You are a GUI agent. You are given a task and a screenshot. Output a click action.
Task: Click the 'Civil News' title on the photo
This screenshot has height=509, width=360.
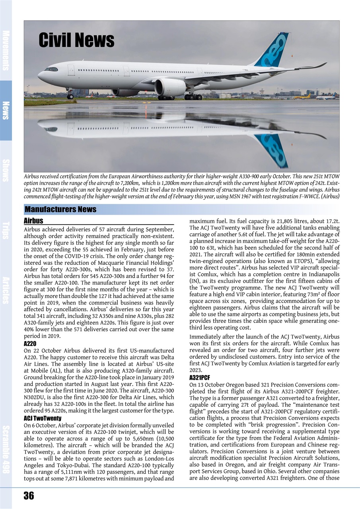click(x=76, y=41)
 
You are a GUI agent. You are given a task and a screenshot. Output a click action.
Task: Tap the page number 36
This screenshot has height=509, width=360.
click(x=29, y=495)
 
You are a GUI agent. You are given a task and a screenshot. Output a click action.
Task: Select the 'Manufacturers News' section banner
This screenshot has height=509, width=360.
click(x=61, y=210)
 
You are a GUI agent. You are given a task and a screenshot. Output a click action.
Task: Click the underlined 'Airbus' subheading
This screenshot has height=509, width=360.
click(x=33, y=221)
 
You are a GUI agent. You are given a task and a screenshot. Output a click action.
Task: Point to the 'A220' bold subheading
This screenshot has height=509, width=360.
click(x=30, y=343)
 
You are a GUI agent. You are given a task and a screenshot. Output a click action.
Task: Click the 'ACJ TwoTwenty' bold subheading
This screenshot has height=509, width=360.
click(x=43, y=418)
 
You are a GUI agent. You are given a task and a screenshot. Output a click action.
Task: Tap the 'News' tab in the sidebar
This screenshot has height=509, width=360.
click(x=6, y=110)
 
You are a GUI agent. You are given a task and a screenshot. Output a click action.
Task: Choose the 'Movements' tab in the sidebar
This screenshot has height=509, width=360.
click(x=6, y=50)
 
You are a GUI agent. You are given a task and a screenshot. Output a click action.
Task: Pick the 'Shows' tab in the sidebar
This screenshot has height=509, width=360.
click(x=6, y=170)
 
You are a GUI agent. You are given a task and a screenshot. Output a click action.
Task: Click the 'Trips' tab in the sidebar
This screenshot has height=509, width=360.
click(x=6, y=230)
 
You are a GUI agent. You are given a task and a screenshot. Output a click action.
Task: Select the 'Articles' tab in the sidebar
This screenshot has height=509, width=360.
click(x=6, y=290)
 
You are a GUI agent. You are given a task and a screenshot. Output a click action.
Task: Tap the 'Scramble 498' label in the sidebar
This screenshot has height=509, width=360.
click(x=6, y=449)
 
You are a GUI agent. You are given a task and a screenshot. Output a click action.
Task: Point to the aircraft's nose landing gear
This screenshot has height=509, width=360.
click(x=70, y=95)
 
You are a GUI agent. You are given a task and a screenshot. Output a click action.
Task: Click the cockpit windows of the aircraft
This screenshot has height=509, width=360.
click(x=51, y=69)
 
